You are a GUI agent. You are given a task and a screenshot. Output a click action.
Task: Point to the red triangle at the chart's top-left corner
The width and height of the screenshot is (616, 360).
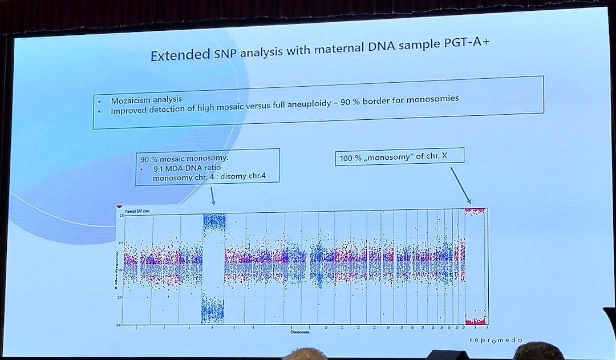(x=119, y=207)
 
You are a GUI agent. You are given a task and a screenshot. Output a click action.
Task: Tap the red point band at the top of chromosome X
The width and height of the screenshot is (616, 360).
(x=475, y=211)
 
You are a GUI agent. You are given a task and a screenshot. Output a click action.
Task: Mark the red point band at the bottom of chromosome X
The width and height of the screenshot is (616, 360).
(x=475, y=321)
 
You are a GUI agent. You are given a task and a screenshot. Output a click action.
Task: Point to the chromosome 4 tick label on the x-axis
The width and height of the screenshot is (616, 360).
(x=212, y=327)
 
